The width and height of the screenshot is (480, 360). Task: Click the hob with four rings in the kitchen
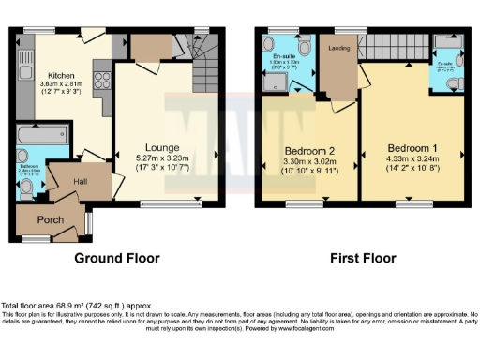(x=101, y=80)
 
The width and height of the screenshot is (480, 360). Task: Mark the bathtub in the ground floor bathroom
(x=42, y=137)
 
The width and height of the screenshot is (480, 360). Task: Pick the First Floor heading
(x=360, y=258)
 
